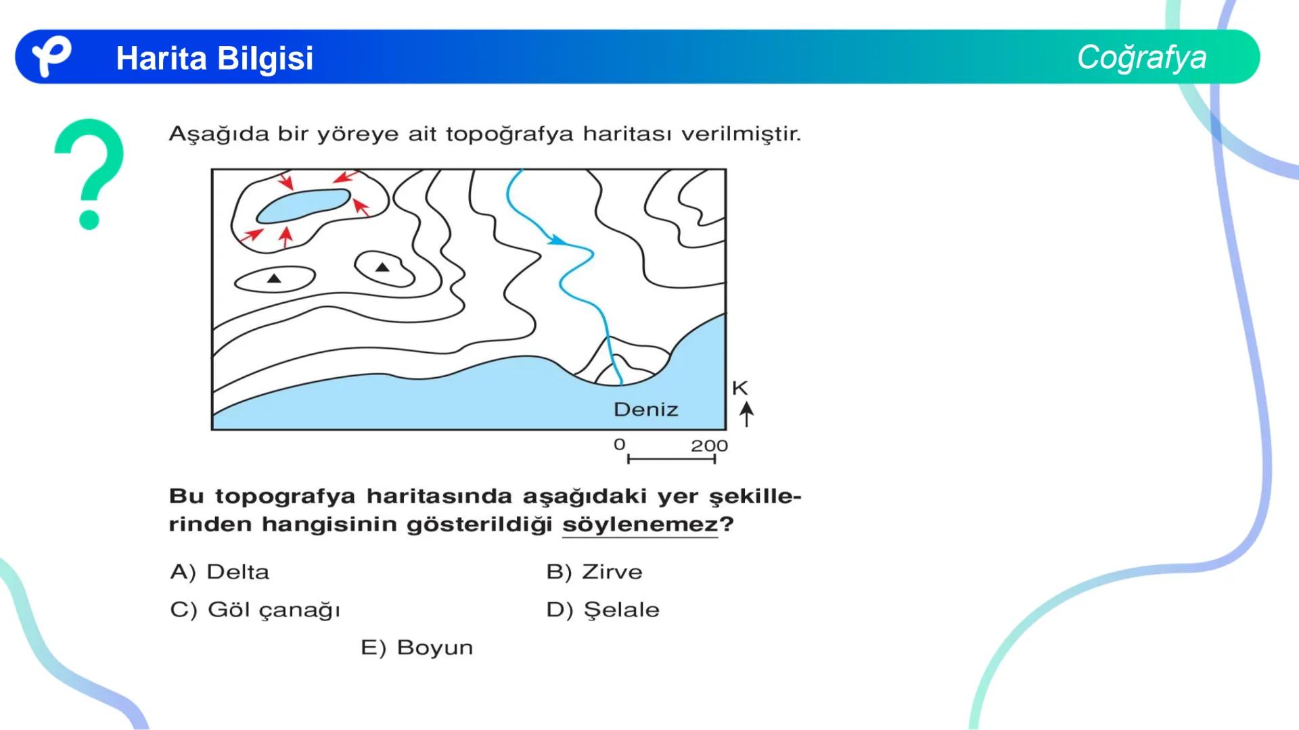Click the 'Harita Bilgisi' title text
[x=214, y=58]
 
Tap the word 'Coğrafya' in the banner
[x=1141, y=57]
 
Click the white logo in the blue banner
[x=51, y=56]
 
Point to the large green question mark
[x=90, y=173]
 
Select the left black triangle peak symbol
[x=274, y=278]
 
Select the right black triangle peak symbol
[x=382, y=268]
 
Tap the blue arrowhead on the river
[x=557, y=240]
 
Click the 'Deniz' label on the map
[x=645, y=410]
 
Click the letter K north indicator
[x=739, y=388]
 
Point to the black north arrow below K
[x=746, y=413]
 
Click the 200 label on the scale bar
[x=709, y=445]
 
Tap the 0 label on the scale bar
[x=619, y=445]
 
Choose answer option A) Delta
[x=220, y=572]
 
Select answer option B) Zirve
[x=594, y=572]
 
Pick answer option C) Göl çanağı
[x=255, y=610]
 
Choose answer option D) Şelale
[x=602, y=610]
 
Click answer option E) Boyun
[x=417, y=648]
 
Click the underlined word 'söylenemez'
[x=640, y=525]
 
